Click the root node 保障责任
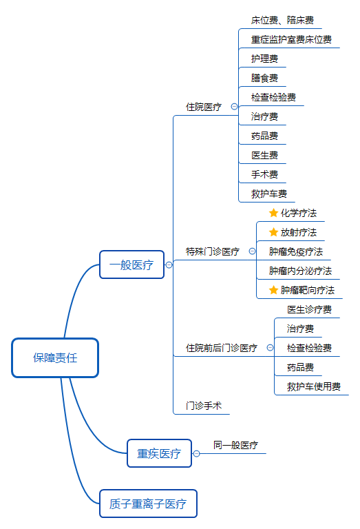(55, 357)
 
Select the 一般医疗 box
(131, 264)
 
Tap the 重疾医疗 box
(159, 453)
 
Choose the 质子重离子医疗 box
(148, 504)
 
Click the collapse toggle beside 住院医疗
(234, 107)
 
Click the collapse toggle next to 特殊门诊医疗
(252, 251)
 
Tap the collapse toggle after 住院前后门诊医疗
(270, 347)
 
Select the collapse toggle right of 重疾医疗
(196, 453)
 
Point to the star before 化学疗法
(273, 213)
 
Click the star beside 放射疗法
(273, 232)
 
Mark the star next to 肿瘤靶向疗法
(273, 290)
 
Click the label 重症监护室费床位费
(291, 39)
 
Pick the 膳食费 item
(264, 78)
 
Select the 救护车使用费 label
(314, 386)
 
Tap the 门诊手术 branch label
(204, 406)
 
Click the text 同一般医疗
(235, 445)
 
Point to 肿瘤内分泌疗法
(300, 271)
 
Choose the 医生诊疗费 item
(310, 309)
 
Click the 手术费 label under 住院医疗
(264, 174)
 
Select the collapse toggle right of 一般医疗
(169, 264)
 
